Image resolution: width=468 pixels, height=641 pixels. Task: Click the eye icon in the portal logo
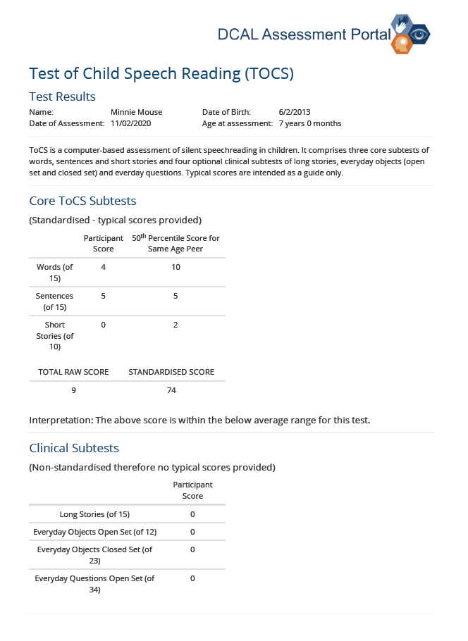coord(420,34)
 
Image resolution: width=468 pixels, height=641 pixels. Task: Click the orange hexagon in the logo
coord(403,45)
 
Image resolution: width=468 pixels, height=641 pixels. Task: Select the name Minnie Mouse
coord(137,112)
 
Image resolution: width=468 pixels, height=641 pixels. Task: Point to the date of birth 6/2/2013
coord(295,112)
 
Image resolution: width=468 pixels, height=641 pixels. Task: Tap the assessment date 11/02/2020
coord(130,123)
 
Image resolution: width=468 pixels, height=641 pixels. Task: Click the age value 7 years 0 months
coord(310,123)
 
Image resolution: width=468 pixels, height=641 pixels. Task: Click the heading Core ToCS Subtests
coord(82,201)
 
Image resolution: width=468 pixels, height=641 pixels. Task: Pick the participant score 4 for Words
coord(104,267)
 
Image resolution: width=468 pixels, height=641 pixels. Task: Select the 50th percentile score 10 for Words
coord(176,267)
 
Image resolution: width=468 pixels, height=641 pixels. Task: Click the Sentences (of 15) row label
coord(55,301)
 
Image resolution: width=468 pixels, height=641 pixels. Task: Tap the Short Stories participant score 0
coord(104,325)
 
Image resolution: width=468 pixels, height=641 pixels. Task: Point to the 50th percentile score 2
coord(175,325)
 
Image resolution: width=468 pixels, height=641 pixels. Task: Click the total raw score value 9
coord(73,390)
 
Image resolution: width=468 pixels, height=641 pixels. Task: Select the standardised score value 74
coord(171,390)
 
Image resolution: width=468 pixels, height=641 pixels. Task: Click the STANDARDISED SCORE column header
coord(171,372)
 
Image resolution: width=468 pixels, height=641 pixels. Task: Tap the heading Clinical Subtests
coord(74,448)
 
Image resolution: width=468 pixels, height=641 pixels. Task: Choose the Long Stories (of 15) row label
coord(94,514)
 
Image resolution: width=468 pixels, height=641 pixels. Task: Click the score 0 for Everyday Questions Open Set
coord(192,578)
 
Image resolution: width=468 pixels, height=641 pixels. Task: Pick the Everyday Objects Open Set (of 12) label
coord(95,532)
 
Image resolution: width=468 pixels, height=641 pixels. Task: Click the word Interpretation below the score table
coord(60,421)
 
